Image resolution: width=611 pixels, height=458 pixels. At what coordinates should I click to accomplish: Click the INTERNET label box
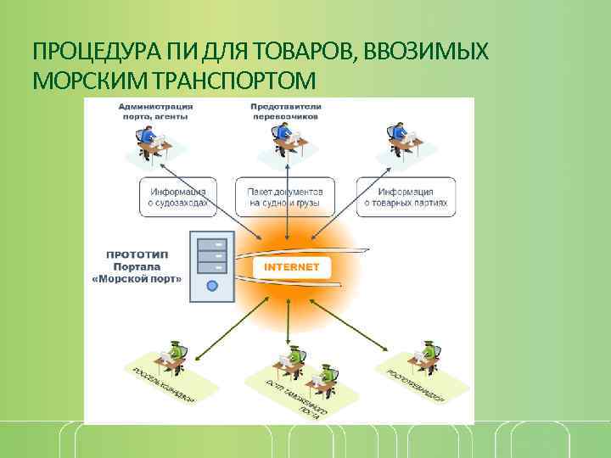(x=292, y=266)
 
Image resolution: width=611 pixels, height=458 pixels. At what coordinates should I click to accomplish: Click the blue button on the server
(x=212, y=287)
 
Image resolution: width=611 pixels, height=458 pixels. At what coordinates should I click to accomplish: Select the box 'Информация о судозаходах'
(x=177, y=197)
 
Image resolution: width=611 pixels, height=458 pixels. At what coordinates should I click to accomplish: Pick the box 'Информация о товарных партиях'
(x=406, y=197)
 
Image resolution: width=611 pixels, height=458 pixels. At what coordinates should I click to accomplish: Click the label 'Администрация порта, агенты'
(x=155, y=111)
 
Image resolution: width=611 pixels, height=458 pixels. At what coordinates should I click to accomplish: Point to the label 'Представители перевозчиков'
(x=284, y=111)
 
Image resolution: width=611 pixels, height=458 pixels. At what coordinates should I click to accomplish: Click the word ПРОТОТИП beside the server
(x=136, y=253)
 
